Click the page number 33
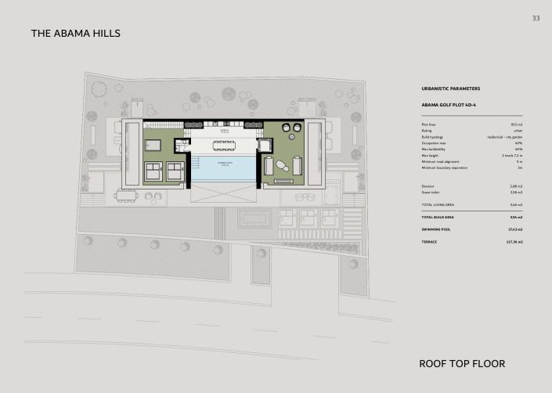tap(536, 18)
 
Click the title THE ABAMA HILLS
tap(75, 34)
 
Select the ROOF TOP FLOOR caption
tap(462, 363)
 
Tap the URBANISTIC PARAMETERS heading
tap(450, 89)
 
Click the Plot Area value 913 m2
tap(516, 124)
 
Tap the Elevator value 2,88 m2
tap(515, 186)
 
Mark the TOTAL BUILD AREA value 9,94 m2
tap(515, 217)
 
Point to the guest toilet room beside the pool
tap(182, 146)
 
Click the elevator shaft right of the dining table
tap(264, 146)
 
